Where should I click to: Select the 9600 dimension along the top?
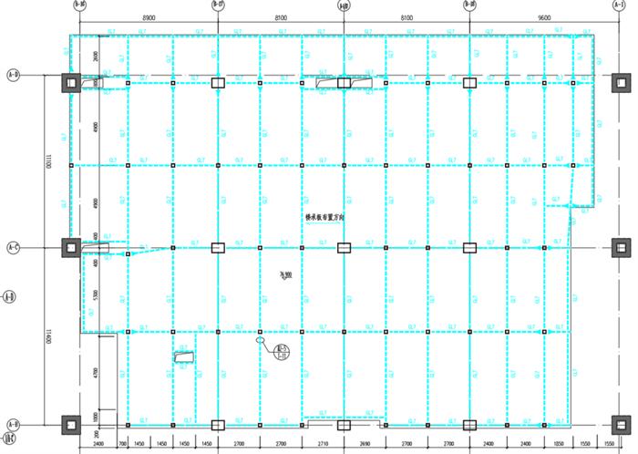coord(545,18)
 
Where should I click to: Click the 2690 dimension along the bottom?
coord(365,444)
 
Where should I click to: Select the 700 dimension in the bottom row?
coord(122,444)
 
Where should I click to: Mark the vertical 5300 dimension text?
coord(95,295)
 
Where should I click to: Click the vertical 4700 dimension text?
coord(95,372)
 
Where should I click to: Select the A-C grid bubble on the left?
coord(13,247)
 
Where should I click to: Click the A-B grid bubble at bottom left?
coord(13,425)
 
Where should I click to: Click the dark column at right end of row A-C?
coord(622,247)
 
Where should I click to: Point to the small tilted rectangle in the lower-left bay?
coord(184,358)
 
